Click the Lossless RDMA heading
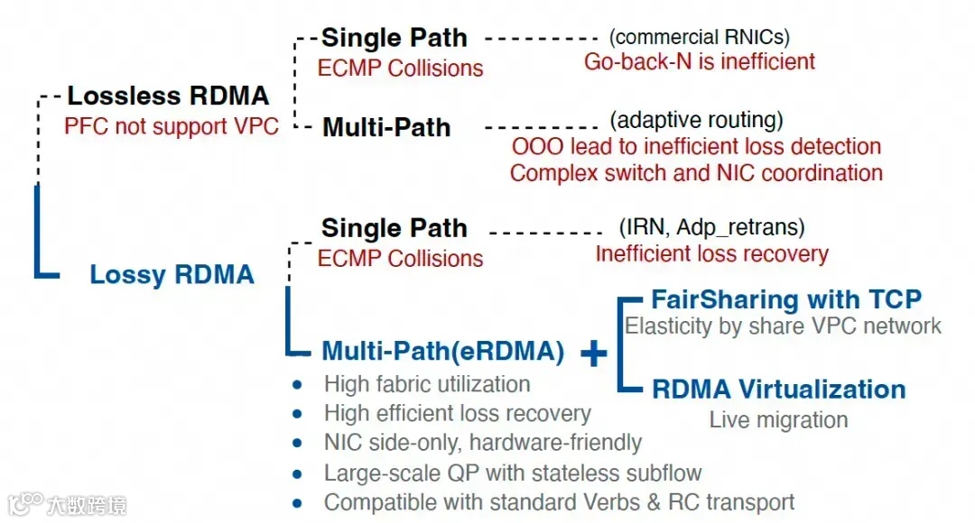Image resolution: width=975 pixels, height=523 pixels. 168,96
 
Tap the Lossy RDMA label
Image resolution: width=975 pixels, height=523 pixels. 172,274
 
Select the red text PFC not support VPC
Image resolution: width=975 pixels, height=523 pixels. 172,126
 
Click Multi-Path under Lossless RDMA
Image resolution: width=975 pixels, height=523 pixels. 386,127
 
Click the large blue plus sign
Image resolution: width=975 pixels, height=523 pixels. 593,354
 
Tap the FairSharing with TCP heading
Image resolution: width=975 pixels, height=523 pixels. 786,299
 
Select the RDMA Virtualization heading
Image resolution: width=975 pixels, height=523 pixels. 778,389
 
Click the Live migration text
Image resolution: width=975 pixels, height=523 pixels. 778,419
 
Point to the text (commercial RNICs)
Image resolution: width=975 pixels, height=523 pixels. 699,37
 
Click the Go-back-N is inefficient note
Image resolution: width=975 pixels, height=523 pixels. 700,61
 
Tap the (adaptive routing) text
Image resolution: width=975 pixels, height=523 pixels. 696,120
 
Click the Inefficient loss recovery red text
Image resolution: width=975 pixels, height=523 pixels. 711,253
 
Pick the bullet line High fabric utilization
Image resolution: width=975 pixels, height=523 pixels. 427,384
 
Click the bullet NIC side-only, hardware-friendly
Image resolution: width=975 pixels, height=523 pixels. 483,443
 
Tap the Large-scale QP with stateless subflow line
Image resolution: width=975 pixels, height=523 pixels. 513,473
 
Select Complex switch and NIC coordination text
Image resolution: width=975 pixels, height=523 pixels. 696,172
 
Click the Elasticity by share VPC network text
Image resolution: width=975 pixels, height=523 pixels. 783,326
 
